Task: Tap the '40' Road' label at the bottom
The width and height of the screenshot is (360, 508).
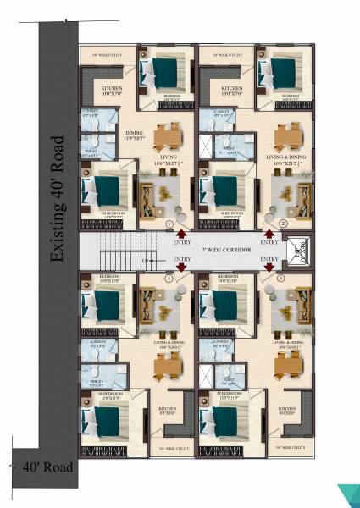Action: click(47, 467)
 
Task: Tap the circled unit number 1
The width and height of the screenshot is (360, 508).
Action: click(169, 224)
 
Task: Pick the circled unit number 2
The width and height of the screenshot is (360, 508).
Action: click(283, 224)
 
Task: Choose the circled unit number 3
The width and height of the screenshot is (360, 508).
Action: click(280, 277)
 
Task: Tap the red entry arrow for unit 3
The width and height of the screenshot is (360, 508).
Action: click(269, 268)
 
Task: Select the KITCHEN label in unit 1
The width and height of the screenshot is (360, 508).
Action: click(114, 87)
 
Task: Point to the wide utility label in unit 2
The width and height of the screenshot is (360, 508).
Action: click(229, 55)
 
